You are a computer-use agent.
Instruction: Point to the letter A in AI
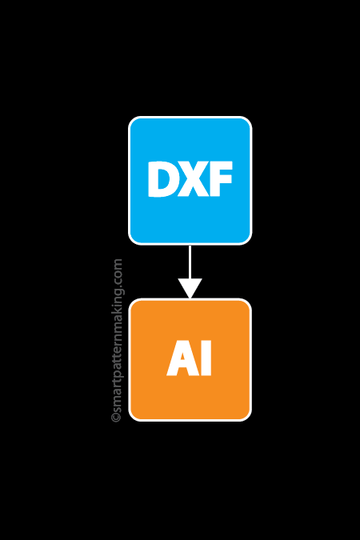[181, 359]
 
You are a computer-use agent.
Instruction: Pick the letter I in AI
[206, 359]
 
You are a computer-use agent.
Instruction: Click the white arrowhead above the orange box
[190, 287]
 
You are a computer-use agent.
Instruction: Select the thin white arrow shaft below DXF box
[190, 261]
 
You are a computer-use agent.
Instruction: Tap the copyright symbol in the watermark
[117, 417]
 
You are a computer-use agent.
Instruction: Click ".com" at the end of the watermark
[117, 271]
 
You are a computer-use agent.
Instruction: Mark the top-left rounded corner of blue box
[134, 122]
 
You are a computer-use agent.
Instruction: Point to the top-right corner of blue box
[246, 122]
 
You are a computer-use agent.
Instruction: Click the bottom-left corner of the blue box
[134, 239]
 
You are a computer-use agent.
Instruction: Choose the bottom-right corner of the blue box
[246, 239]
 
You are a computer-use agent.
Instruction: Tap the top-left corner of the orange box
[134, 304]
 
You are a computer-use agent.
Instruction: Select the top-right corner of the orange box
[246, 304]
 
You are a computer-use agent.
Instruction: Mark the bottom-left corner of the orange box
[134, 415]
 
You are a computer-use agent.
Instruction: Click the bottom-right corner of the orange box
[246, 415]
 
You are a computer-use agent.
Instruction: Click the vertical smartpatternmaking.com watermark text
[117, 340]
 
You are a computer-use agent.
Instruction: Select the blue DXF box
[190, 144]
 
